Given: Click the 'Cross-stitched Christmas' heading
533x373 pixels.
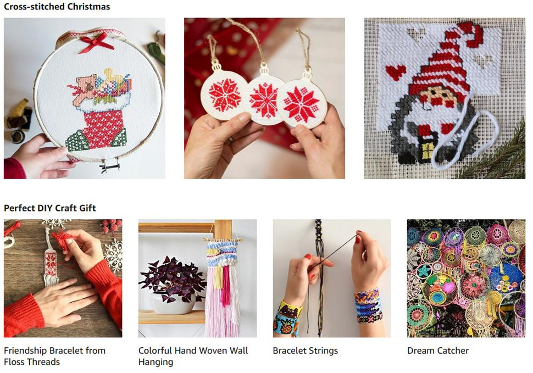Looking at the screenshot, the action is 57,7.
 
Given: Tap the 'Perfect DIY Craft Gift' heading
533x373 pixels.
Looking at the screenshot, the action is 49,208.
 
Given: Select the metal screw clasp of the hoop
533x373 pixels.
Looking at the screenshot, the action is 110,165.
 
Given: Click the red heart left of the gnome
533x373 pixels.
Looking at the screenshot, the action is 396,73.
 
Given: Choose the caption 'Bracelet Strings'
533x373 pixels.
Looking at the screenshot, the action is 306,350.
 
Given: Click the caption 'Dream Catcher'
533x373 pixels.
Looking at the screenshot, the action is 438,350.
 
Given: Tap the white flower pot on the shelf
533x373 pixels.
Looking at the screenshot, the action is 173,303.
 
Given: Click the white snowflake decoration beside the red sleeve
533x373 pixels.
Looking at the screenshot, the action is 113,254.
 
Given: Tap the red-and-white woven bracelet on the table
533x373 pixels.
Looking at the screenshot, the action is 51,261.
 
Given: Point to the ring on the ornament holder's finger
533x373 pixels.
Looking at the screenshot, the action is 231,140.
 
